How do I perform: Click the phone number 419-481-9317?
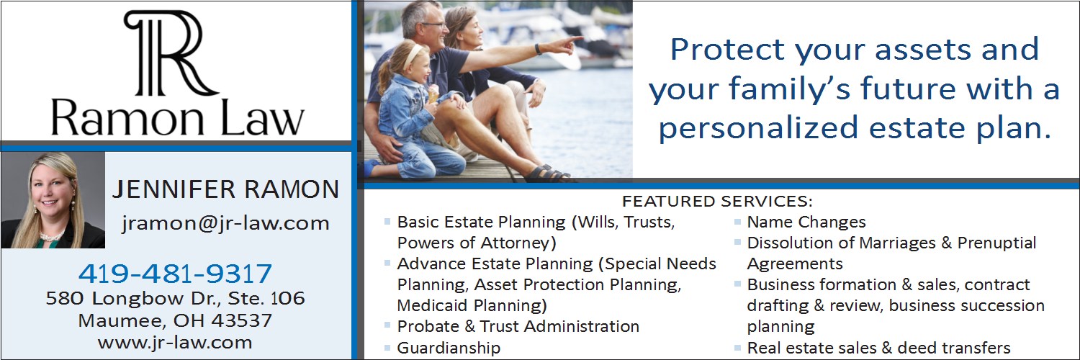[x=175, y=274]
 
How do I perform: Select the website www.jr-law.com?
[x=175, y=343]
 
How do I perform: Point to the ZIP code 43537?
[x=241, y=320]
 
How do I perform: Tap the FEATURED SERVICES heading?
[x=717, y=201]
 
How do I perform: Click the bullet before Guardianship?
[x=387, y=346]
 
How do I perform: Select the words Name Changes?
[x=806, y=222]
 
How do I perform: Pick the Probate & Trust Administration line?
[x=518, y=327]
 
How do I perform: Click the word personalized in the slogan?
[x=758, y=129]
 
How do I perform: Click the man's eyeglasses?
[x=433, y=24]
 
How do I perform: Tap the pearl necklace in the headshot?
[x=52, y=236]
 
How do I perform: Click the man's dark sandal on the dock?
[x=548, y=174]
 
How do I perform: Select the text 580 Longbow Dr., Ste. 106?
[x=175, y=298]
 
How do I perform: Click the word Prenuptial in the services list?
[x=996, y=243]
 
